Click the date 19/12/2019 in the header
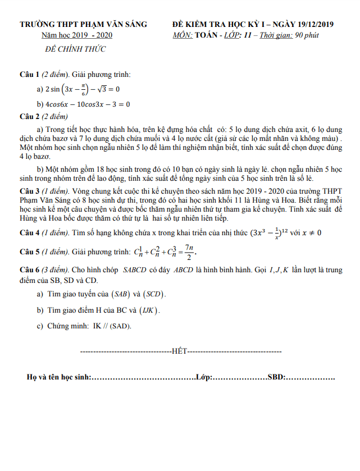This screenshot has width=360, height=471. (x=311, y=24)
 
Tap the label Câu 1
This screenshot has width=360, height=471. (x=29, y=75)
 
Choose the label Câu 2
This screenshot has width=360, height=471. (x=29, y=117)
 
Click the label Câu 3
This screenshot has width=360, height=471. (x=29, y=191)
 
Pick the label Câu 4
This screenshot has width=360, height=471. (x=29, y=232)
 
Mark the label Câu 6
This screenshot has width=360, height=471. (x=29, y=270)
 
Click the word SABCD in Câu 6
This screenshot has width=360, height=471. (x=135, y=270)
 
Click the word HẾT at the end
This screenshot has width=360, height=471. (x=179, y=351)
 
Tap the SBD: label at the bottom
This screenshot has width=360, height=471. (x=276, y=378)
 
